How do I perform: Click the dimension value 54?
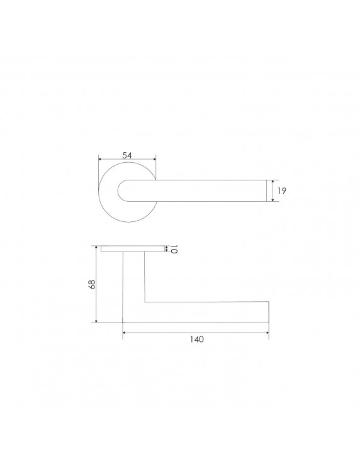coord(127,155)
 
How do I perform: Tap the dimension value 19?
coord(282,191)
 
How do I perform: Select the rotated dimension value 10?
coord(174,249)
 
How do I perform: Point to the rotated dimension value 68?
coord(92,284)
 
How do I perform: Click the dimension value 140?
coord(197,339)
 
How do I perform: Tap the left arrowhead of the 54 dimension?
coord(100,159)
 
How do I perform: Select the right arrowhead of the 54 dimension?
coord(154,159)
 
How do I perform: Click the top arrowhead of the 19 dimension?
coord(273,182)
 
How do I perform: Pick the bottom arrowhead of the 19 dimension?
coord(273,200)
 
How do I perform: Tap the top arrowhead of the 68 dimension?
coord(96,248)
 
